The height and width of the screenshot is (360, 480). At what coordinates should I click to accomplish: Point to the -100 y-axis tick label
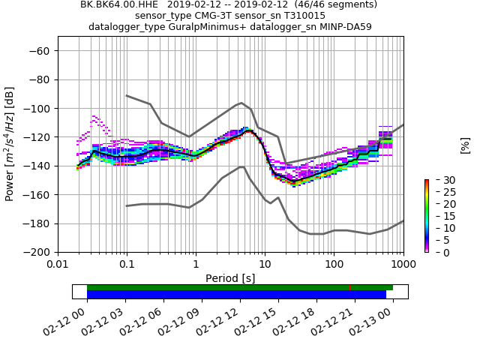37,109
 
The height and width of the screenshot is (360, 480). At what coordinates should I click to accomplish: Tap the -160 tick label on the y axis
37,195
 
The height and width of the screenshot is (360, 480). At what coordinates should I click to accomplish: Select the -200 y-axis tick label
37,253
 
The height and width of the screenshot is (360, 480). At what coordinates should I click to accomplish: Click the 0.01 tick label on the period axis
58,265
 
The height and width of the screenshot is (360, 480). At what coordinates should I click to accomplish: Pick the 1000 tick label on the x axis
403,265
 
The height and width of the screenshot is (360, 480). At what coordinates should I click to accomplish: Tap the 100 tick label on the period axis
334,265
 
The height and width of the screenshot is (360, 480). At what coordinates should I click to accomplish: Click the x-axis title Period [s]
230,278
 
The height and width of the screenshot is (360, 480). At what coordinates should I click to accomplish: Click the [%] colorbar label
465,145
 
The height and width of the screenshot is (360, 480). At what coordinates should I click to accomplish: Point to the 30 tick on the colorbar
441,180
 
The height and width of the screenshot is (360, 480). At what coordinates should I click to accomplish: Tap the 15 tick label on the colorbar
441,216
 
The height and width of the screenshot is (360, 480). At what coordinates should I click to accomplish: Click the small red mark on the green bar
349,287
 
